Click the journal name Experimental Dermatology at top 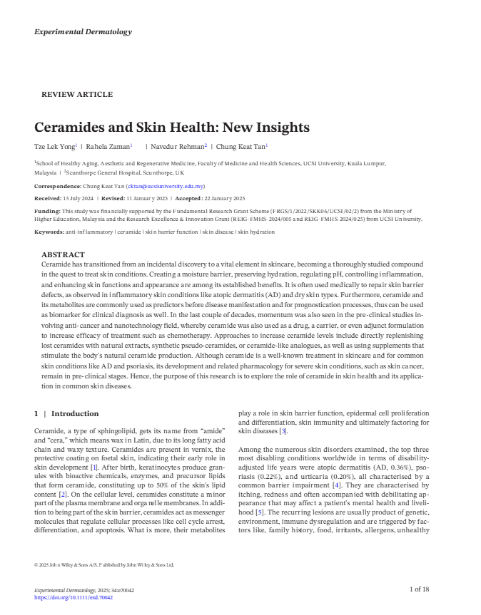pyautogui.click(x=83, y=32)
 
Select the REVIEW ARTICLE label pyautogui.click(x=77, y=95)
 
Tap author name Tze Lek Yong pyautogui.click(x=54, y=147)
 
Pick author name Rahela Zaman pyautogui.click(x=108, y=147)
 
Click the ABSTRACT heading pyautogui.click(x=63, y=254)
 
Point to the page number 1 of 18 pyautogui.click(x=419, y=589)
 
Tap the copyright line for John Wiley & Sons pyautogui.click(x=104, y=565)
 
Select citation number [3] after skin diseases pyautogui.click(x=283, y=431)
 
